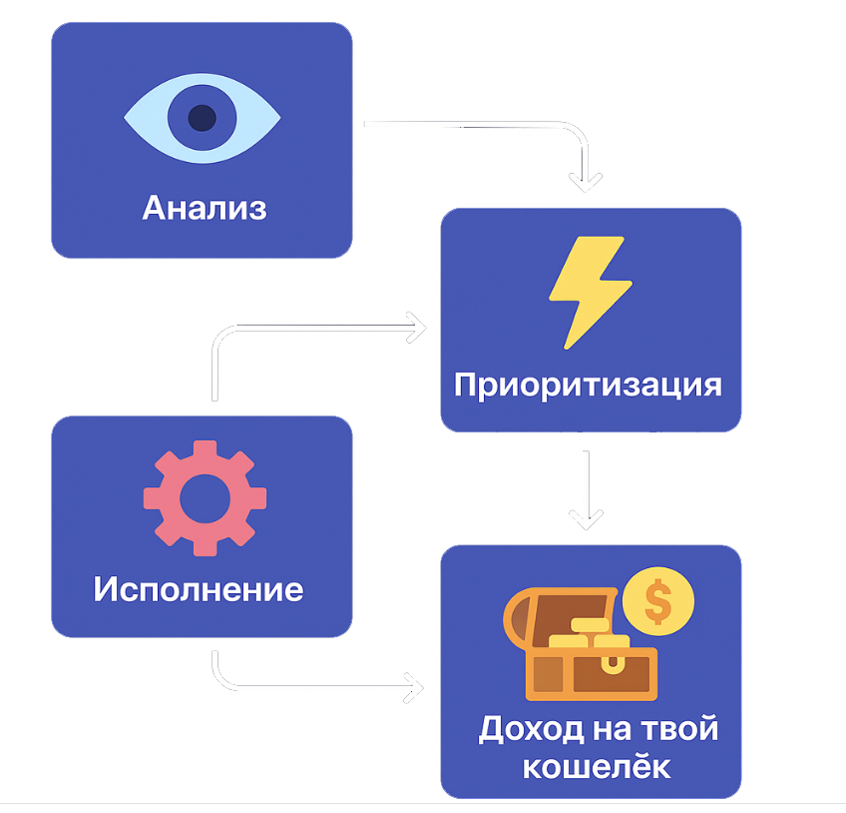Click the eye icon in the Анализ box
[x=202, y=117]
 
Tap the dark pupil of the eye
[x=202, y=118]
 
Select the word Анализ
[x=205, y=208]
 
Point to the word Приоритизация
[x=588, y=385]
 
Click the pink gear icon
[x=205, y=496]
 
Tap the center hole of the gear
[x=205, y=496]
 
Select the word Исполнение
[x=199, y=588]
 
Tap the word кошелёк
[x=597, y=767]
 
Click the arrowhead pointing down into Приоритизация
[x=586, y=181]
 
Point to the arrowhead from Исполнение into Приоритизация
[x=417, y=327]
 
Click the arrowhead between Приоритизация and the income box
[x=587, y=518]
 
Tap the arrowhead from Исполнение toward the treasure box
[x=413, y=686]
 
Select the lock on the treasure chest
[x=610, y=668]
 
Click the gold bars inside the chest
[x=589, y=634]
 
